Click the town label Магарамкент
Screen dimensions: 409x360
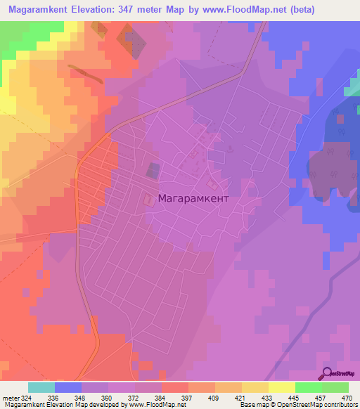click(x=194, y=199)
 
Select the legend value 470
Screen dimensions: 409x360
click(x=347, y=397)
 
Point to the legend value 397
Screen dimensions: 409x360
click(x=167, y=397)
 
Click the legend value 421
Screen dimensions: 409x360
click(x=219, y=397)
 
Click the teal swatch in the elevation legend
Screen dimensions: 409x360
click(x=41, y=387)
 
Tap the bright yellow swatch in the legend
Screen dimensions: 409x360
click(x=281, y=387)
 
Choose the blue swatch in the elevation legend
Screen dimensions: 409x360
click(x=68, y=387)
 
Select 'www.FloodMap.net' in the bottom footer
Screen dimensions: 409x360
click(x=151, y=405)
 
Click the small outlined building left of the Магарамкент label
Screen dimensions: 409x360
click(x=148, y=200)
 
